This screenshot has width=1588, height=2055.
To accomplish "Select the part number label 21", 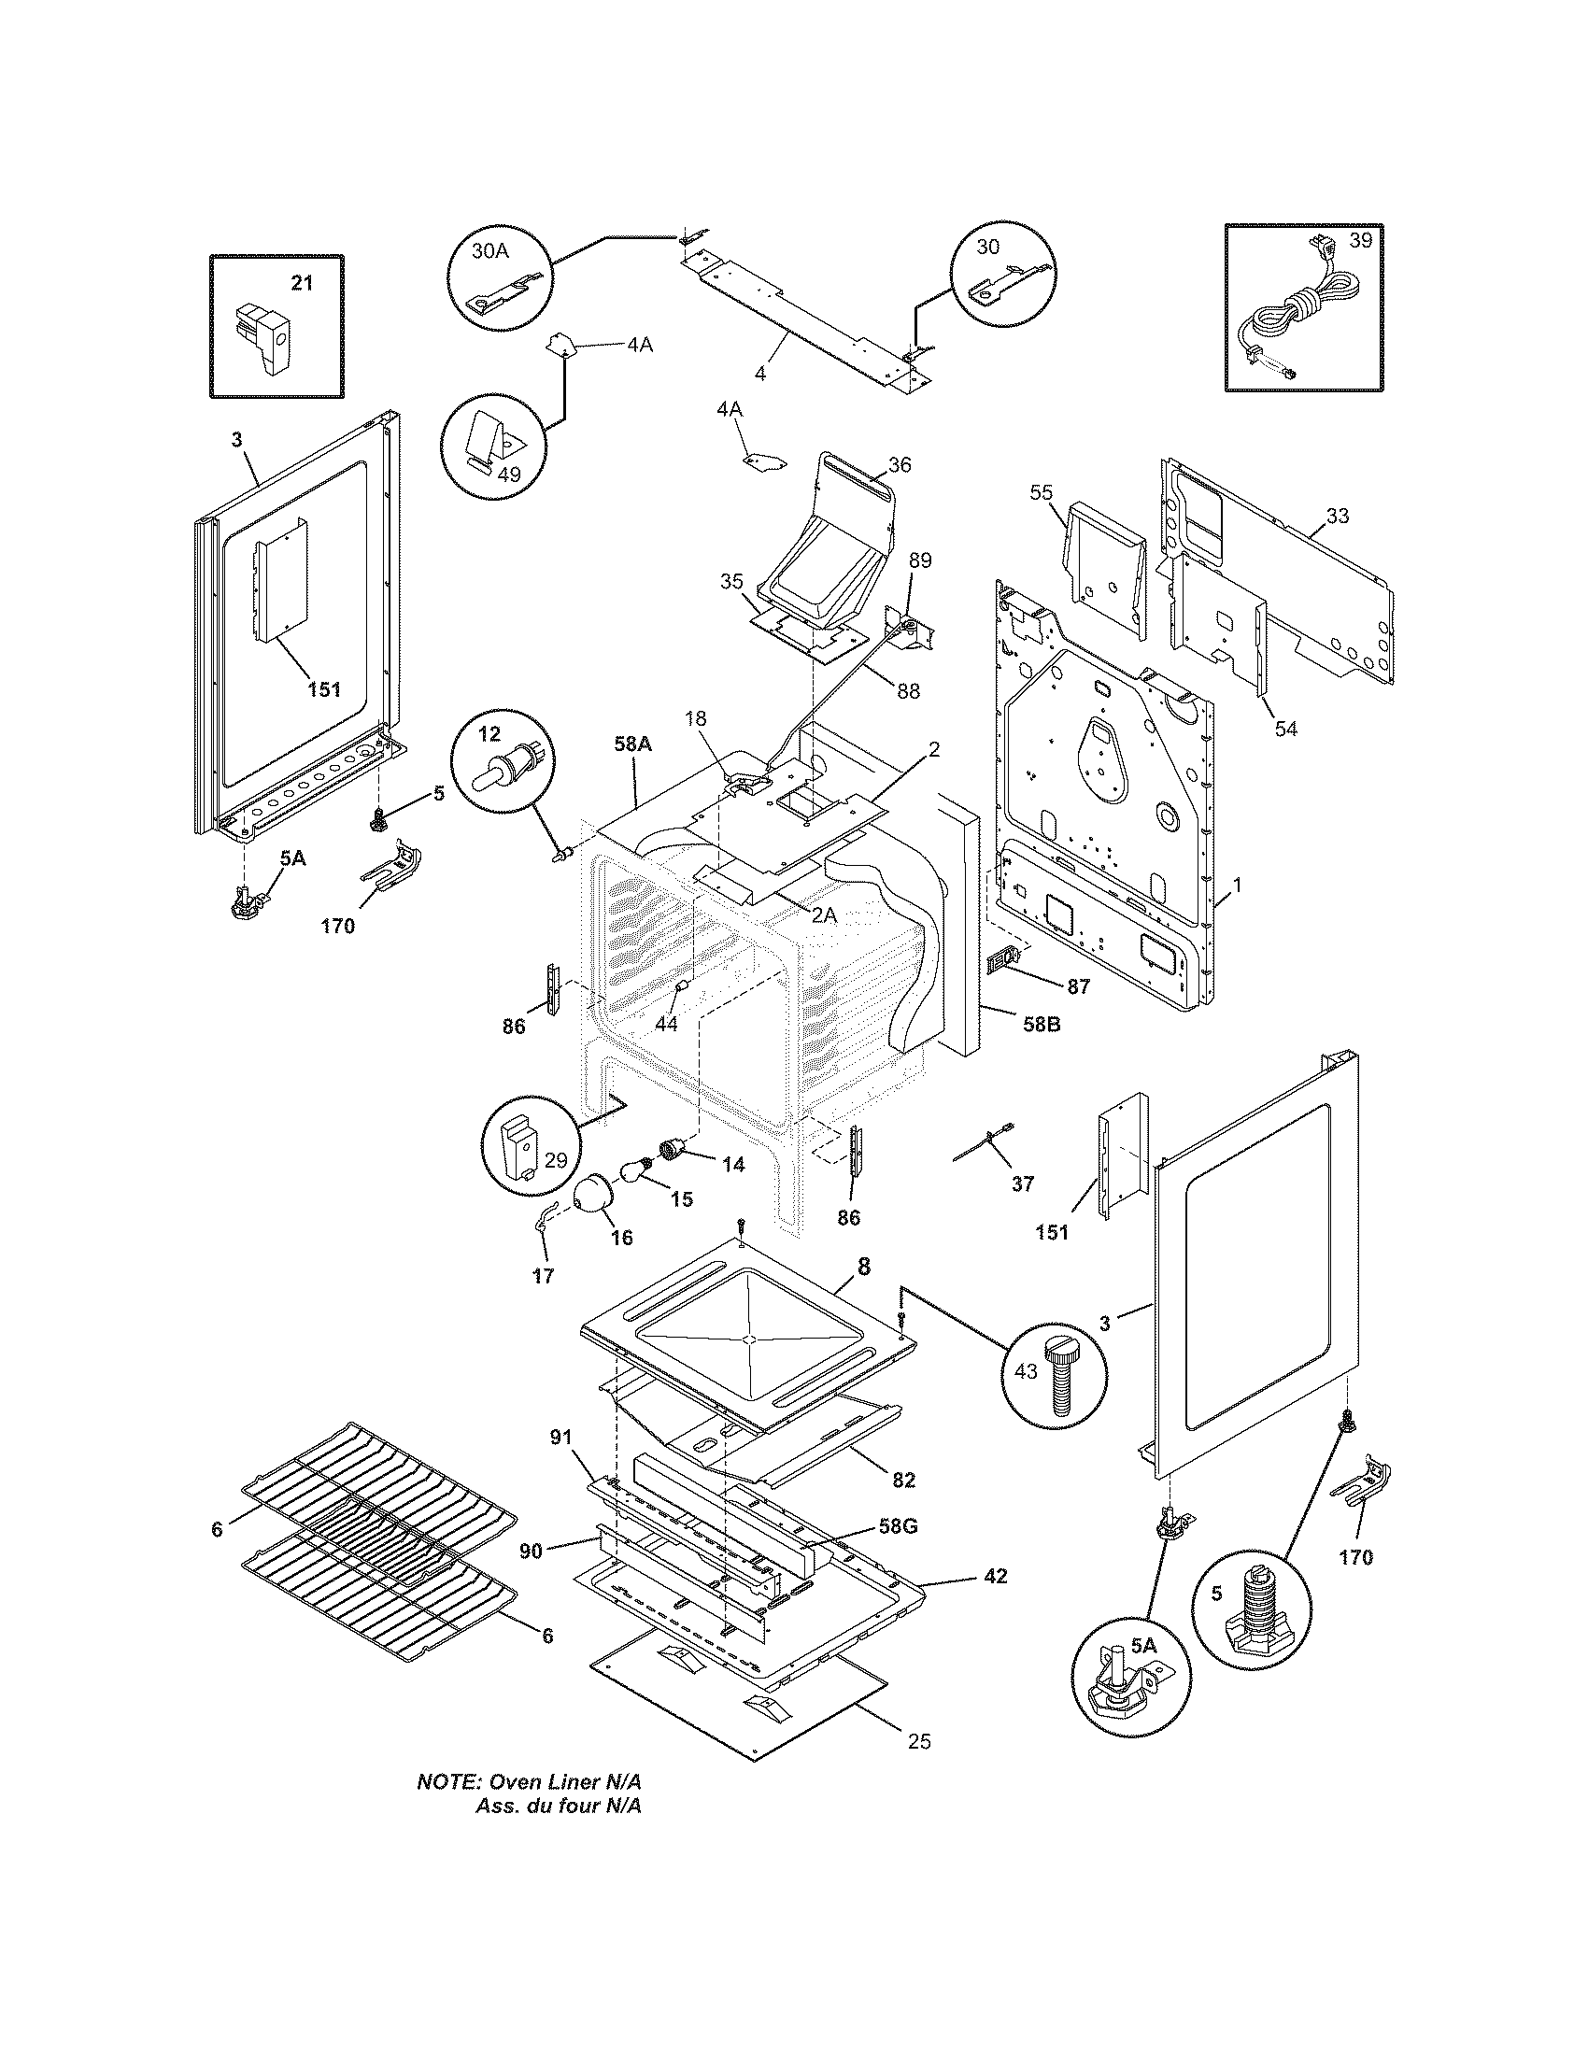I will pos(301,281).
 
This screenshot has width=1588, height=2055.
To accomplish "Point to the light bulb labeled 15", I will pos(636,1172).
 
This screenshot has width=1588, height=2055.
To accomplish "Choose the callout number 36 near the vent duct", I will pos(900,465).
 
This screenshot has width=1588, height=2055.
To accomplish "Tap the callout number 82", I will pos(903,1481).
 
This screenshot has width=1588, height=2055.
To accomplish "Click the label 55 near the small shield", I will pos(1041,492).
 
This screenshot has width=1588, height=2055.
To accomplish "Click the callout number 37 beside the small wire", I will pos(1023,1183).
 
